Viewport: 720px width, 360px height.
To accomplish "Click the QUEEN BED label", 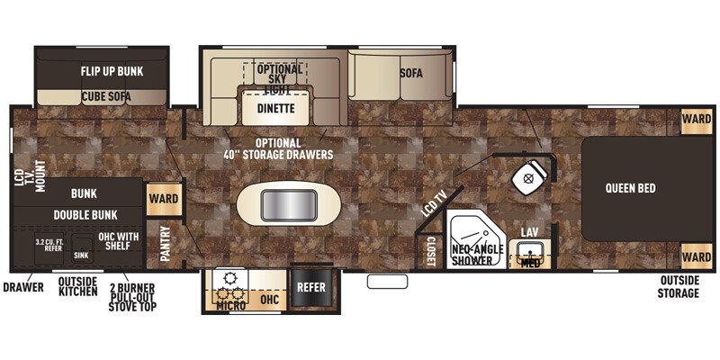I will [x=629, y=188].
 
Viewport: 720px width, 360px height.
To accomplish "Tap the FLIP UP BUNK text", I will [x=112, y=71].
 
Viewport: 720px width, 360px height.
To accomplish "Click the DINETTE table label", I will [x=276, y=109].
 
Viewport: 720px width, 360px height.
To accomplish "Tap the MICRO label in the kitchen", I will [x=230, y=306].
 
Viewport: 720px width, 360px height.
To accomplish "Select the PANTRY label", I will [x=165, y=243].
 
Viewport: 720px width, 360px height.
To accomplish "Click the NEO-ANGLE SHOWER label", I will [x=472, y=255].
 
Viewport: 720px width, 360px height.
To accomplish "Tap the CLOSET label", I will [x=430, y=250].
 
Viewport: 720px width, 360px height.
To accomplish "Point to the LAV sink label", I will [x=530, y=233].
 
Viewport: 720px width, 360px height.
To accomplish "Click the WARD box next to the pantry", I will [x=163, y=198].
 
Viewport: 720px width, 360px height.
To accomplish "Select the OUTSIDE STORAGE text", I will [x=678, y=288].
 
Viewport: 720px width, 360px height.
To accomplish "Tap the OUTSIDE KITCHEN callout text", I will [x=77, y=287].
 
